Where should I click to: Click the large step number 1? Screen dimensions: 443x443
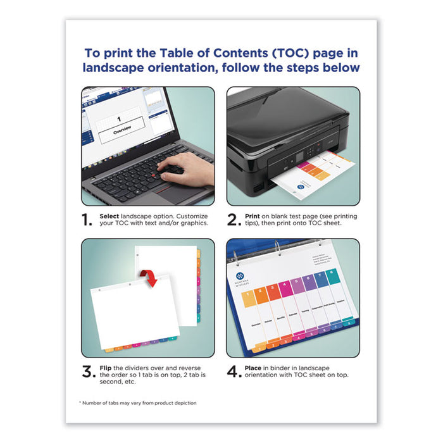(88, 220)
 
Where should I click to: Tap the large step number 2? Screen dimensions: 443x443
(235, 220)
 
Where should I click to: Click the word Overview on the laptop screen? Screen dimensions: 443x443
(124, 132)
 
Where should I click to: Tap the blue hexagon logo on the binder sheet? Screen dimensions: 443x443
(240, 276)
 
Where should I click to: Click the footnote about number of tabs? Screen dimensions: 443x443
(138, 402)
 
